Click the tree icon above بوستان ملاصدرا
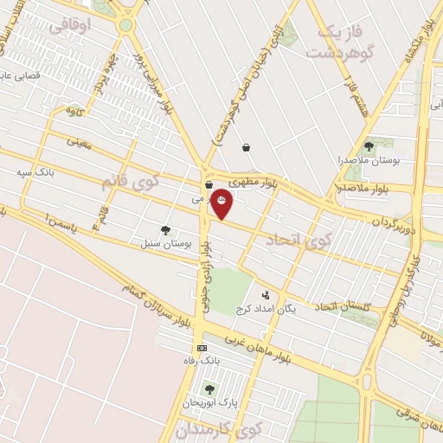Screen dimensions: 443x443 click(369, 146)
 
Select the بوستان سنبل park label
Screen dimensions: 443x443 click(165, 245)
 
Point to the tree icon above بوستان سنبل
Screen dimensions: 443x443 click(165, 230)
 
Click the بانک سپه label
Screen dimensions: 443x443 click(35, 172)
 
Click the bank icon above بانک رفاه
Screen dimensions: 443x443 click(202, 348)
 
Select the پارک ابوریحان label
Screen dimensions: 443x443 click(209, 403)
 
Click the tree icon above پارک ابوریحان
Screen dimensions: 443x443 click(209, 389)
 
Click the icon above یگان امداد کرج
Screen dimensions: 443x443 click(266, 295)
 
